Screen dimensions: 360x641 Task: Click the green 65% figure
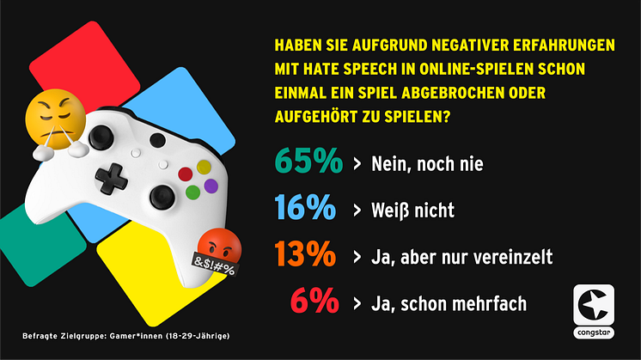click(308, 162)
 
